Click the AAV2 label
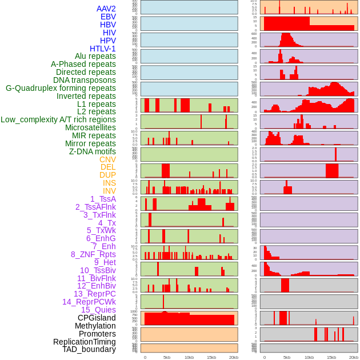click(106, 9)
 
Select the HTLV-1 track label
click(103, 49)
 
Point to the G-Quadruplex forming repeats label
click(61, 88)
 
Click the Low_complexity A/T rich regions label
click(58, 119)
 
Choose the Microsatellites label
click(90, 127)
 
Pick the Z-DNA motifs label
click(92, 151)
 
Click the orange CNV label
click(107, 159)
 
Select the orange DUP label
click(107, 175)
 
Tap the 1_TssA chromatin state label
click(103, 199)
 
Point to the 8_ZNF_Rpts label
click(93, 254)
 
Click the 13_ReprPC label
click(94, 294)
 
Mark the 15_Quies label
click(98, 310)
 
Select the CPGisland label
click(97, 318)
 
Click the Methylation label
click(95, 326)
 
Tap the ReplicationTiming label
click(84, 342)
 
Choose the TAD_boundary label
click(89, 349)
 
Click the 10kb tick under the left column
click(189, 357)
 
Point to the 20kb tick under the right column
click(354, 357)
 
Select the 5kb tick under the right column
click(286, 357)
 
